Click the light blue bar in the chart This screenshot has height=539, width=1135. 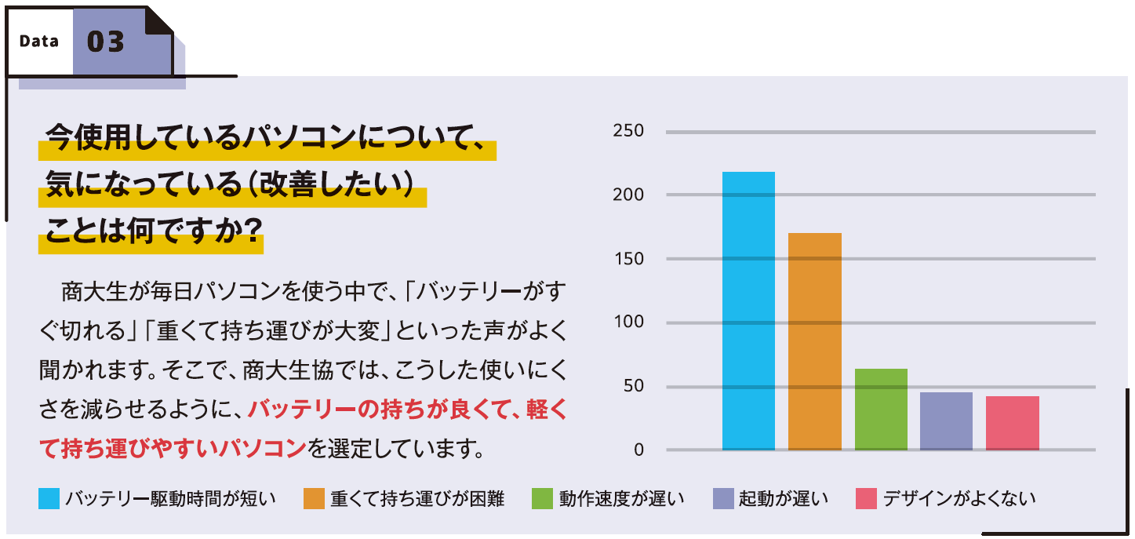748,311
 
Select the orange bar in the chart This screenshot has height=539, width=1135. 814,341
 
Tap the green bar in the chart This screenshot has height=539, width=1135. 881,409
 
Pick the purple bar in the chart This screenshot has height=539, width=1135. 946,421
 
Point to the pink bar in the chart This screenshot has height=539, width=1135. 1012,423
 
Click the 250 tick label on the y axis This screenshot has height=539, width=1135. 628,131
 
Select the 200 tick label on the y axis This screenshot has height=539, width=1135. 628,195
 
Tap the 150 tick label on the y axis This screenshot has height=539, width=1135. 628,259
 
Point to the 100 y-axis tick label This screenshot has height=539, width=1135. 628,322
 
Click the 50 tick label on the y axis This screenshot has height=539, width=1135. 633,387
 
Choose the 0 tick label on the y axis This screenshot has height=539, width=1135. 638,450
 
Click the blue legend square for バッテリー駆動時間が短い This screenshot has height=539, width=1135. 49,499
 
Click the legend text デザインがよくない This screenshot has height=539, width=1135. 959,499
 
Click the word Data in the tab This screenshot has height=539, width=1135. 39,42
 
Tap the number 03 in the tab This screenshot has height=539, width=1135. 106,42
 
